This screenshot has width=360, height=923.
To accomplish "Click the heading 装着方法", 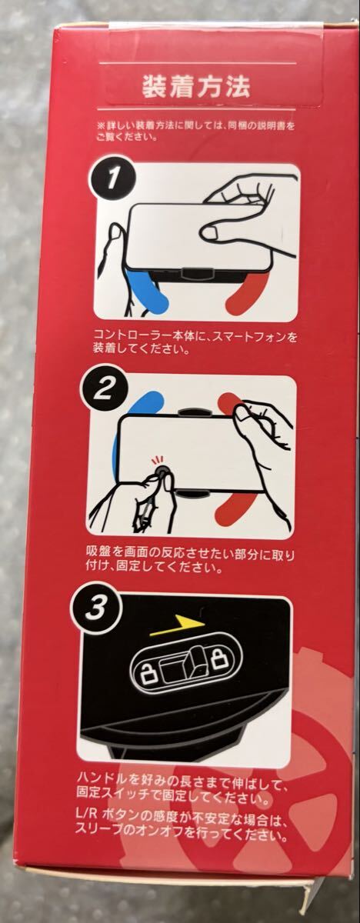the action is [196, 87].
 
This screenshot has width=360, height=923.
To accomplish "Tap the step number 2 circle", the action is [102, 390].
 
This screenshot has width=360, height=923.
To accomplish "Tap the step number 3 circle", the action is [95, 608].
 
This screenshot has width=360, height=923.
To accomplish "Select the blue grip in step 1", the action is [148, 292].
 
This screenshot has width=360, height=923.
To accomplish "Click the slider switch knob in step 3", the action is [195, 661].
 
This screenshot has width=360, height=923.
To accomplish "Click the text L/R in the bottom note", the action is [86, 814].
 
